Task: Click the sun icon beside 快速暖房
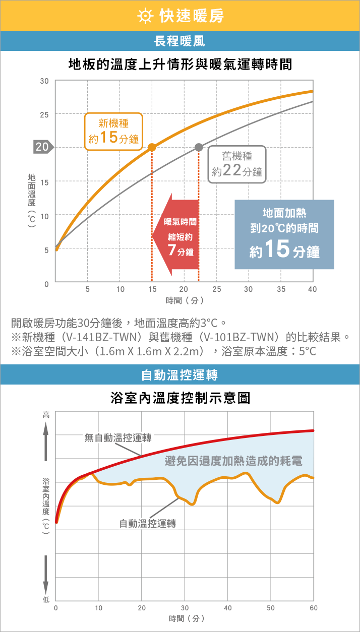(x=144, y=16)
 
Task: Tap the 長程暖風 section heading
(x=179, y=41)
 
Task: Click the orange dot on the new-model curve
(x=152, y=148)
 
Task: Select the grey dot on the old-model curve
(x=199, y=147)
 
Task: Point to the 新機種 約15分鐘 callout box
(x=113, y=130)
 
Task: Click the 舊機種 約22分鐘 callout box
(x=237, y=164)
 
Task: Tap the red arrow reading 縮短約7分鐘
(x=176, y=235)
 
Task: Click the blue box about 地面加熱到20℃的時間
(x=284, y=234)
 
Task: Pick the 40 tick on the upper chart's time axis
(x=313, y=289)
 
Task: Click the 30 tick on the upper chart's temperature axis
(x=45, y=81)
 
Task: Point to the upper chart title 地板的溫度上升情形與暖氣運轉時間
(x=180, y=64)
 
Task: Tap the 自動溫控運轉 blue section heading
(x=179, y=374)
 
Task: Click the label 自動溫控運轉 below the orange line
(x=148, y=524)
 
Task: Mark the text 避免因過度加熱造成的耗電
(x=233, y=461)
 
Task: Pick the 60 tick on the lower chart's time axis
(x=314, y=608)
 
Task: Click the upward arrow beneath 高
(x=46, y=441)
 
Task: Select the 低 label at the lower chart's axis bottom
(x=46, y=599)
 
